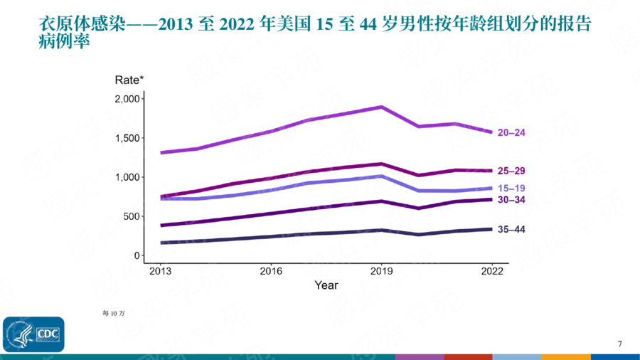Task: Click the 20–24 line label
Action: [511, 132]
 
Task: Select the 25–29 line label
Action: [511, 171]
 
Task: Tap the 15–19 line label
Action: [511, 189]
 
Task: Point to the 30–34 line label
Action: [511, 200]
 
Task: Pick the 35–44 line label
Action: [511, 230]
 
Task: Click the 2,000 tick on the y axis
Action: [127, 99]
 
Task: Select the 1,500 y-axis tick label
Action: [127, 138]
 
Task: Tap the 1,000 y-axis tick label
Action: [127, 177]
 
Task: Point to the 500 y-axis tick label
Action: [132, 216]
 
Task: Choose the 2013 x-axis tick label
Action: [160, 271]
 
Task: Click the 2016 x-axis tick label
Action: [271, 271]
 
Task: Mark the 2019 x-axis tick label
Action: [382, 271]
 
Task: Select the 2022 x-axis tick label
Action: [492, 271]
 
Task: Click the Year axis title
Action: [326, 285]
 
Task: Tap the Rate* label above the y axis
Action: [129, 80]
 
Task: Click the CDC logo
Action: [33, 334]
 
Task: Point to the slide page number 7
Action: [619, 344]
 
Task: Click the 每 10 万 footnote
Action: [113, 313]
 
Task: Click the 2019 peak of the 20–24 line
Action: [382, 107]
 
